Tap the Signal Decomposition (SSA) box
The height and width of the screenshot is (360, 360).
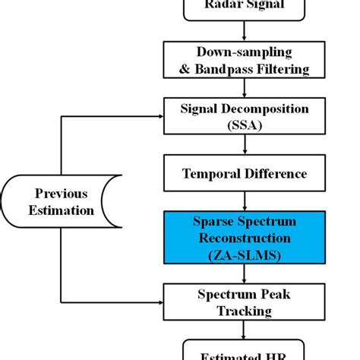(243, 116)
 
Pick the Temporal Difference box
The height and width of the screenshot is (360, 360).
(243, 174)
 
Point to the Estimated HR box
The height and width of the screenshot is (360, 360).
(243, 354)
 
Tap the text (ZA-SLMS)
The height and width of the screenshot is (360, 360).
(244, 255)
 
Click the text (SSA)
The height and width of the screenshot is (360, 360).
(244, 125)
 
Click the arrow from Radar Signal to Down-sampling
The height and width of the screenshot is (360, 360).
(243, 31)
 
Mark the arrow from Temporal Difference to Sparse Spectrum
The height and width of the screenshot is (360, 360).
(243, 201)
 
